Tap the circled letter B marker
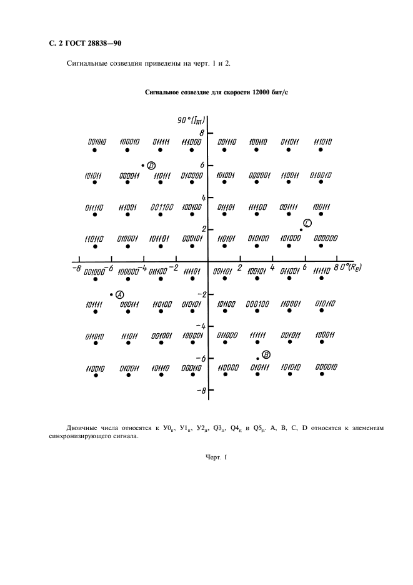click(266, 354)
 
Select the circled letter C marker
click(307, 223)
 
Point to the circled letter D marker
click(151, 166)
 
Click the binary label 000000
click(326, 238)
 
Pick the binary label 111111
click(258, 335)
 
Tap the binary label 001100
click(161, 207)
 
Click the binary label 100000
click(128, 272)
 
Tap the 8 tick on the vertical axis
click(202, 133)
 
